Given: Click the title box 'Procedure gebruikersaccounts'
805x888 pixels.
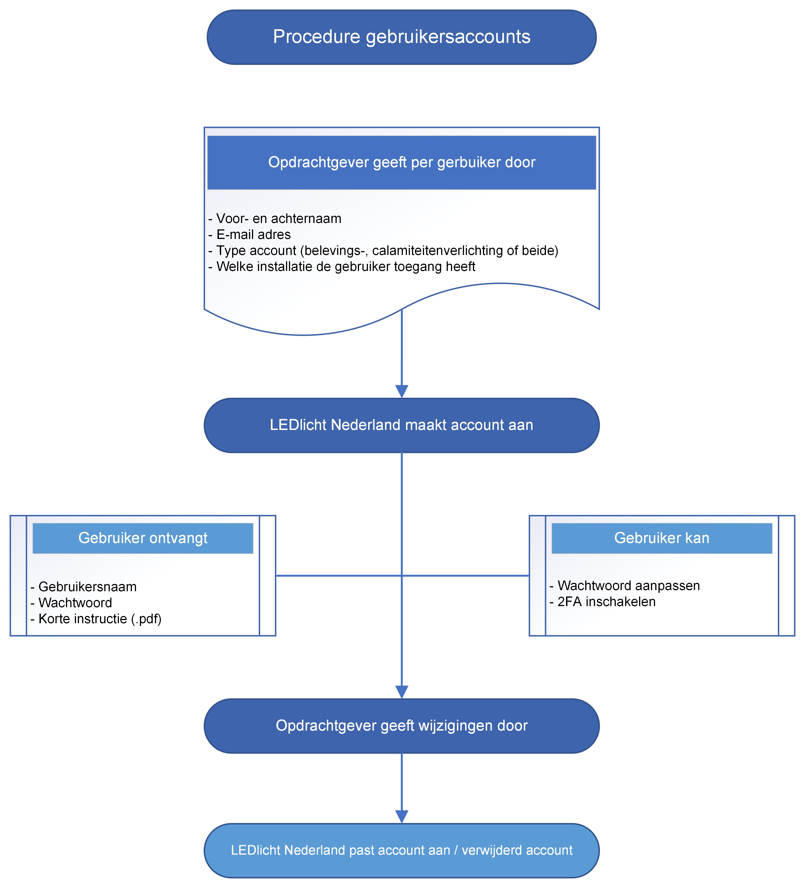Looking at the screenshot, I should [401, 37].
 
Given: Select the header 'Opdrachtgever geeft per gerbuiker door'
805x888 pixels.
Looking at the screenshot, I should [401, 162].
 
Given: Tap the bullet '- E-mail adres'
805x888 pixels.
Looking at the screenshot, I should [249, 234].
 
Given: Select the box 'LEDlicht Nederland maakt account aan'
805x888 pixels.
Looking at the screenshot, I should [401, 425].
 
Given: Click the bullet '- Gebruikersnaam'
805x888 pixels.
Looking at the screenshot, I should [84, 587].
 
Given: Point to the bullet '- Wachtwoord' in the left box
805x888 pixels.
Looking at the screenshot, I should [71, 603].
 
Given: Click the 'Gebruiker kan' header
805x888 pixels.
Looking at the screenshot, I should [661, 538].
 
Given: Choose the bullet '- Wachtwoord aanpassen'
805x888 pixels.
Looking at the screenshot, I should [624, 586].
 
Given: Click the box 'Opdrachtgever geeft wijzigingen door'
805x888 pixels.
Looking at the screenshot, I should [401, 726].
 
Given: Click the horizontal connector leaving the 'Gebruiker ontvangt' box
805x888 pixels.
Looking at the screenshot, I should [335, 575].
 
